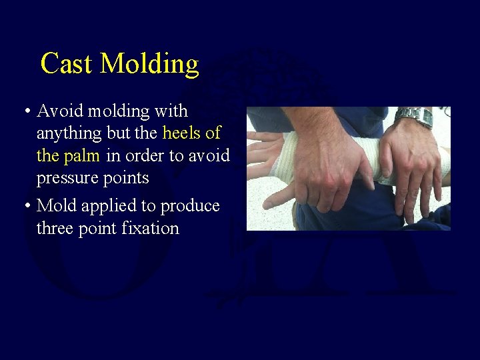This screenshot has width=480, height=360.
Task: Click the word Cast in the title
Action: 67,64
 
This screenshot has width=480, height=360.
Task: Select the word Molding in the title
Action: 150,64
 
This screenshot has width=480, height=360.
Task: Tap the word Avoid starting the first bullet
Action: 59,111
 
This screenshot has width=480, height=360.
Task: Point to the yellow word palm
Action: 81,156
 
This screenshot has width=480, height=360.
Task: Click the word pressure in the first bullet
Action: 68,179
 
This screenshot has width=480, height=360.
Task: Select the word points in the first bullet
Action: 127,179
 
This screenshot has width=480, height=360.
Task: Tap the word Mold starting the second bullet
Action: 57,206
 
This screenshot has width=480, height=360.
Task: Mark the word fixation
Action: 151,229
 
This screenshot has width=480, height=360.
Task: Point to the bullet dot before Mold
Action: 25,207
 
